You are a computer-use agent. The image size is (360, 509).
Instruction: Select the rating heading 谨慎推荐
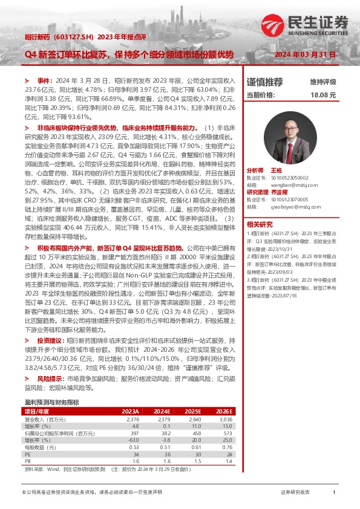[x=264, y=81]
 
